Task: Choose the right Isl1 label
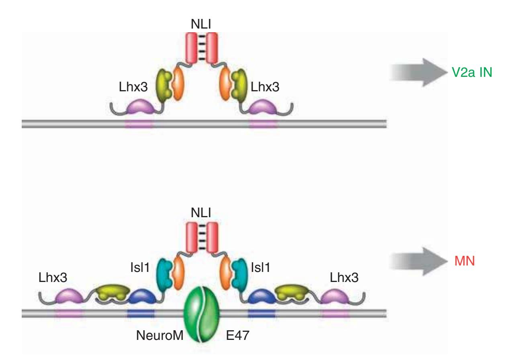tap(262, 267)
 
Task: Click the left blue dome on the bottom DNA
tap(140, 298)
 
